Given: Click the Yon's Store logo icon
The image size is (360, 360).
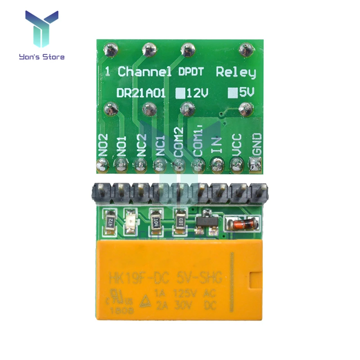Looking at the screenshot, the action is (x=41, y=30).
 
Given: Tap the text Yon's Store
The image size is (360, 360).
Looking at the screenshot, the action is (x=41, y=57).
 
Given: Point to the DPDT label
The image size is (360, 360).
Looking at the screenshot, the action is (x=192, y=71).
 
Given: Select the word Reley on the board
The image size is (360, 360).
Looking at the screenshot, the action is (x=235, y=72).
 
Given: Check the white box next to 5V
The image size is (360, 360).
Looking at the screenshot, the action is (x=233, y=93).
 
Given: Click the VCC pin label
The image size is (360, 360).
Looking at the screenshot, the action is (x=237, y=144).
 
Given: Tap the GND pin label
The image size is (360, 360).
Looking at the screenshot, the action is (x=256, y=145).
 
